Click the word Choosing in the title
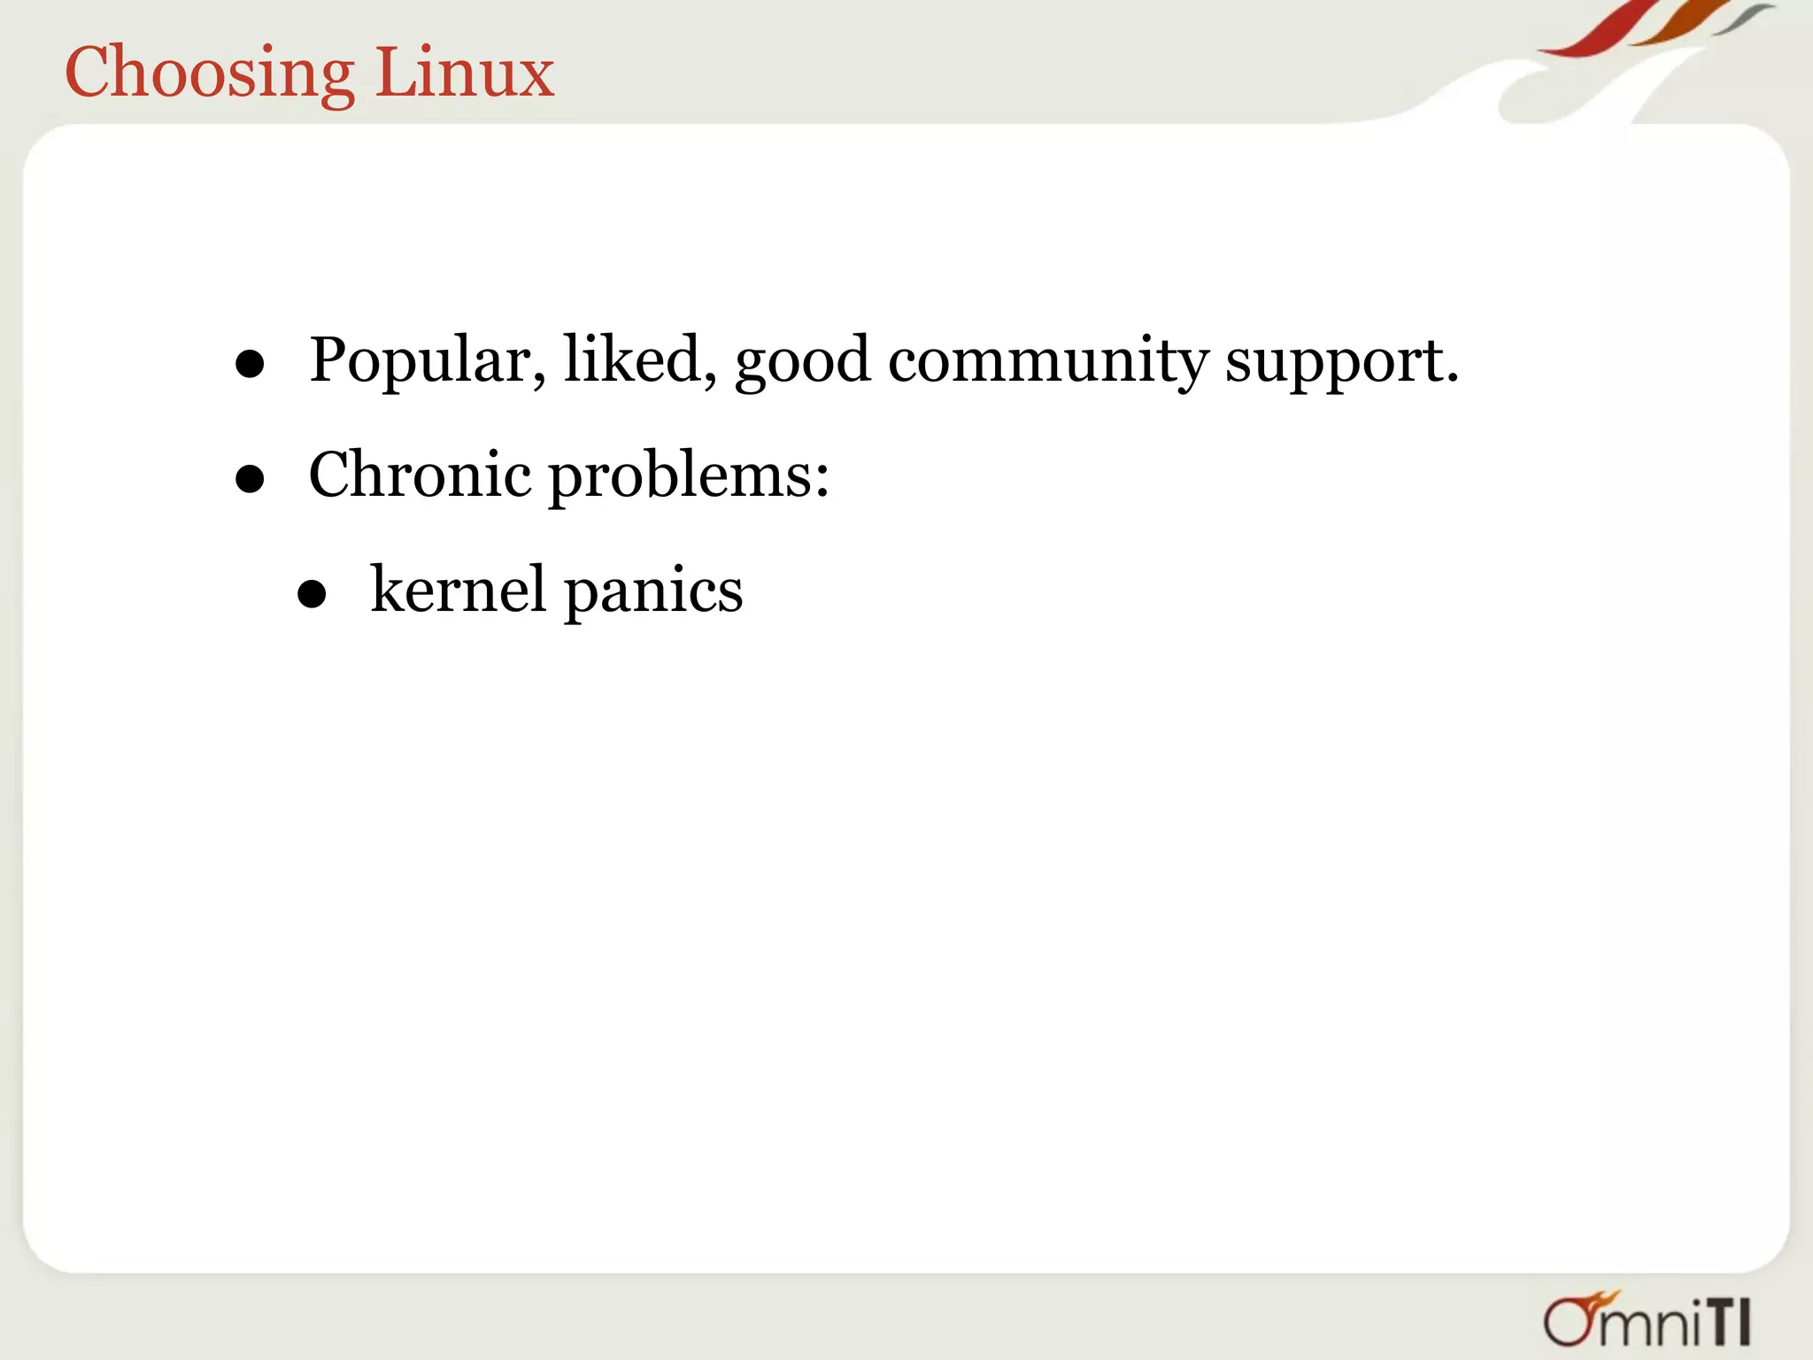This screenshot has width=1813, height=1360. (210, 73)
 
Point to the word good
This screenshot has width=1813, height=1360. (802, 362)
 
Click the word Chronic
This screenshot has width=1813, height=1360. (420, 475)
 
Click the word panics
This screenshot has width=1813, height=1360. (653, 591)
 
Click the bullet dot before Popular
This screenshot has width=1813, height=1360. (251, 364)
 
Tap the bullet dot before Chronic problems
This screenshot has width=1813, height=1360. (251, 479)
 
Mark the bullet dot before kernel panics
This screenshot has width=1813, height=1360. (312, 594)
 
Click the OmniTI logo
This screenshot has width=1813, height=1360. (1647, 1321)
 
